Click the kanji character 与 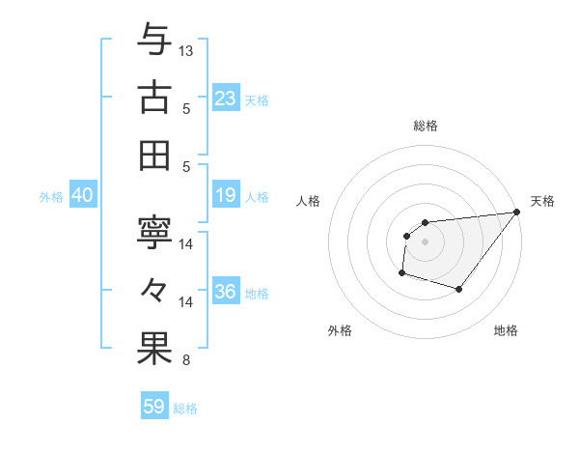(x=154, y=40)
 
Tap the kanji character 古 (x=154, y=97)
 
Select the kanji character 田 (x=154, y=155)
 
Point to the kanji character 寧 (x=154, y=233)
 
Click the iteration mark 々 (x=154, y=291)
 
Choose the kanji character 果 (x=154, y=349)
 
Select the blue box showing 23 (x=225, y=99)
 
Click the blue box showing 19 (x=225, y=196)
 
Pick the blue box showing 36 (x=225, y=293)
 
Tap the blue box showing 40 (x=82, y=196)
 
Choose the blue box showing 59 (x=153, y=407)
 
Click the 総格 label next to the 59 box (x=185, y=409)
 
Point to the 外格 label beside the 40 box (x=51, y=197)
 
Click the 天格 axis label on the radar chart (x=542, y=201)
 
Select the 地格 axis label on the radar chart (x=506, y=331)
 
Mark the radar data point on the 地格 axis (x=459, y=289)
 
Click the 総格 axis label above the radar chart (x=425, y=126)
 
